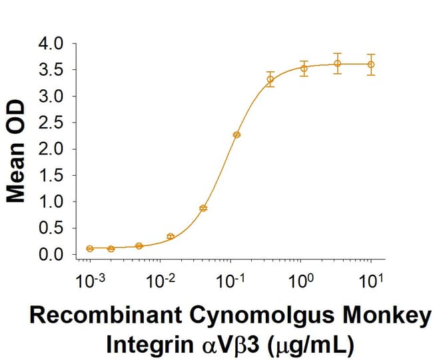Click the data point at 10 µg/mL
(x=371, y=65)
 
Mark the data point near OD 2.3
(x=236, y=134)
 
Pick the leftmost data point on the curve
(x=90, y=248)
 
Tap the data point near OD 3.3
(x=270, y=79)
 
